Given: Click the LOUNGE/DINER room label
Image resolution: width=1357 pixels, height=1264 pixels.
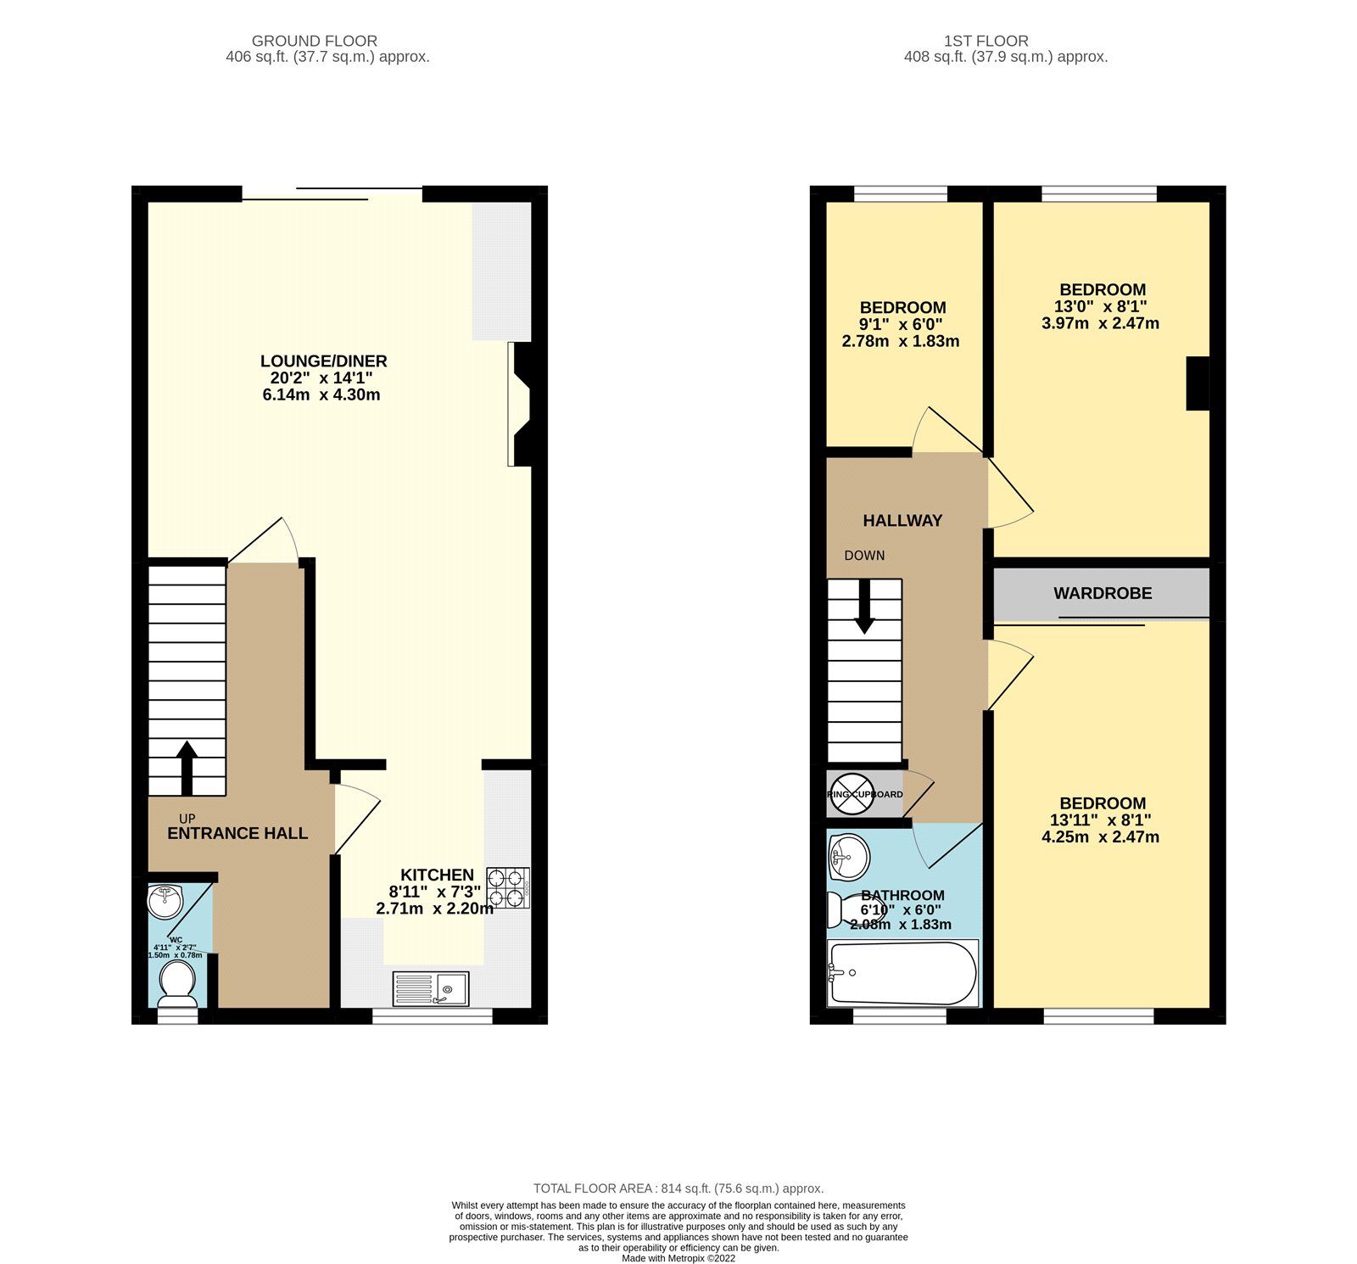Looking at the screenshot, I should coord(323,361).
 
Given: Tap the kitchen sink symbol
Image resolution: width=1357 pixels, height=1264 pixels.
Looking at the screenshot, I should coord(430,988).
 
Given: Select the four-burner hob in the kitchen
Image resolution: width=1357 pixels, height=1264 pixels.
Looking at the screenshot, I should coord(507,888).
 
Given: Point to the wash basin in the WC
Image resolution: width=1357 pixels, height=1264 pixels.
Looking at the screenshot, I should coord(165,901).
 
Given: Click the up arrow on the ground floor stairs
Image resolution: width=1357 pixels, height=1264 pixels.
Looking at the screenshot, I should coord(187,769).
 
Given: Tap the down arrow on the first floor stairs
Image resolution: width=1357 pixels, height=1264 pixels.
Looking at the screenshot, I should coord(864,606).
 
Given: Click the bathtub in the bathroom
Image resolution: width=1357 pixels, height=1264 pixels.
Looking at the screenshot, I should coord(902,973).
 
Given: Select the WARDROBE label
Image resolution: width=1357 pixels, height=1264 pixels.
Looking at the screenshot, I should coord(1102,594).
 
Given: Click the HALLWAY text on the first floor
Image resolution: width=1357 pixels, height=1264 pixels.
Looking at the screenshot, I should coord(902,521).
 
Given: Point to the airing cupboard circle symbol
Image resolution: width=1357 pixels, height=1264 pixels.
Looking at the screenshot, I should coord(851,795).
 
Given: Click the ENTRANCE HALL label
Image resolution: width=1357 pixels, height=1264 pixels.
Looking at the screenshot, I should coord(237,833).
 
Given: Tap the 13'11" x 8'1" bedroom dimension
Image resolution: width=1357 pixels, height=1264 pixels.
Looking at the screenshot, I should coord(1100,820).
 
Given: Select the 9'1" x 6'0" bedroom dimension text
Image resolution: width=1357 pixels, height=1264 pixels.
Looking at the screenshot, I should coord(901,325).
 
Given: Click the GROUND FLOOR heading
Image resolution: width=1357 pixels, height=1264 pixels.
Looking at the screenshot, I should coord(315,41).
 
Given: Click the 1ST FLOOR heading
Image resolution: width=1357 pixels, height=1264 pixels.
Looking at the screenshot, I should coord(986,41).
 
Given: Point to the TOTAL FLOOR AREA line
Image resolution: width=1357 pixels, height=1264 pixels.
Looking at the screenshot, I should coord(678,1188).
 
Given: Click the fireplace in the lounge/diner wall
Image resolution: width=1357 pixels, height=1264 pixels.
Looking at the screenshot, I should coord(521,404).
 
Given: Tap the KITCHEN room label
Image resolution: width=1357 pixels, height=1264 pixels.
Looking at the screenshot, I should coord(437,875).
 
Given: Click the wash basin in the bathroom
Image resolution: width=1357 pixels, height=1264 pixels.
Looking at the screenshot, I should coord(849,857).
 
